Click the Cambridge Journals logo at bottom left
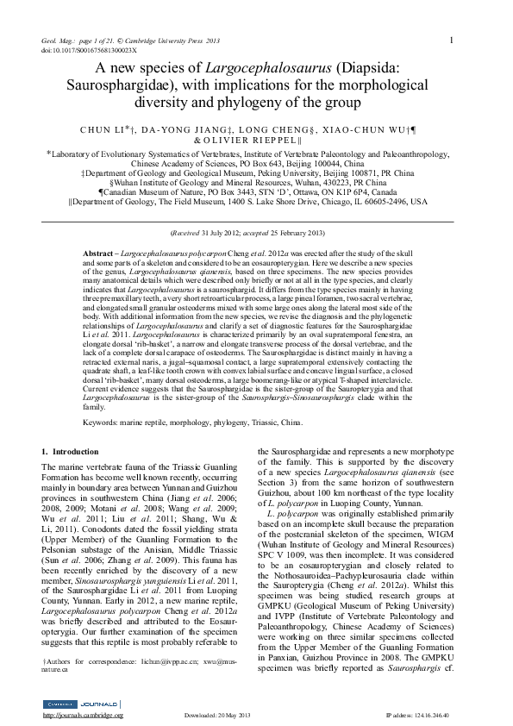pos(82,704)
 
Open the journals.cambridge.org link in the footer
pos(84,715)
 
